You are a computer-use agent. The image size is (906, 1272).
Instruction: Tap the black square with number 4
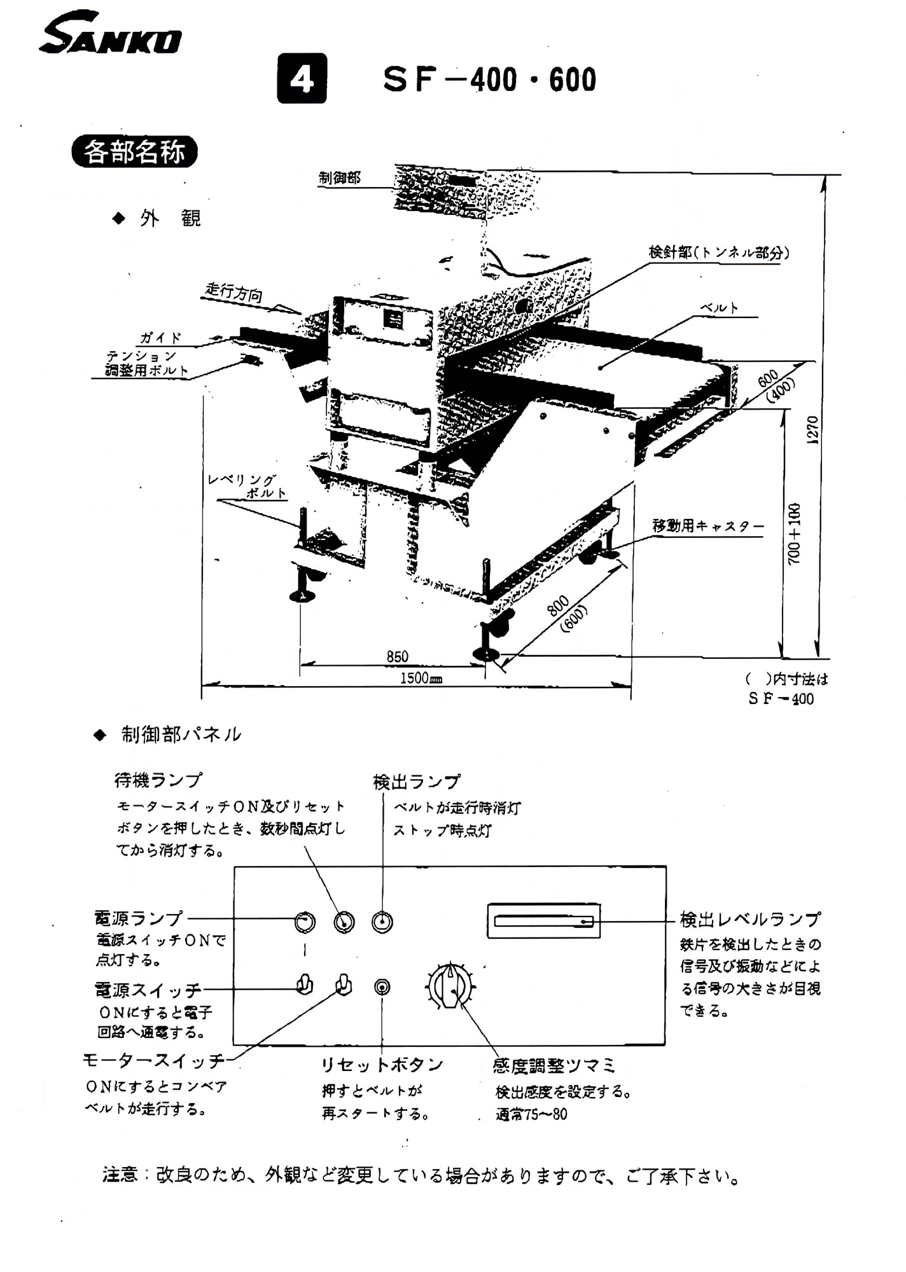point(302,78)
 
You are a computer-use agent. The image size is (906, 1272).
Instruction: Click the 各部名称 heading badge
point(134,153)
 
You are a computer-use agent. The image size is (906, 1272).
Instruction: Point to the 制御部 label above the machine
point(340,179)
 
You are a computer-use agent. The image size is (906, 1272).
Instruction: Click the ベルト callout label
point(720,308)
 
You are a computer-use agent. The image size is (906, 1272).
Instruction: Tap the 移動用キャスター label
point(707,527)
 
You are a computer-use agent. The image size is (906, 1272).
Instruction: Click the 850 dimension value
point(398,656)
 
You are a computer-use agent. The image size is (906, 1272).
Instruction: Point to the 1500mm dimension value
point(421,678)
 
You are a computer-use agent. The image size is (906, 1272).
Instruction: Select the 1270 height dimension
point(812,430)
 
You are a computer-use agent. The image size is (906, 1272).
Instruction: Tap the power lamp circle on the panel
point(305,922)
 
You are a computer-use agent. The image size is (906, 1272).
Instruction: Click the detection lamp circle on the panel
point(382,922)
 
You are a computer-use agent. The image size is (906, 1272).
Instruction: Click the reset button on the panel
point(382,987)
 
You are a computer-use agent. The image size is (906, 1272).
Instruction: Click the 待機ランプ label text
point(158,780)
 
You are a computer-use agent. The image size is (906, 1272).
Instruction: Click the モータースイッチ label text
point(154,1060)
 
